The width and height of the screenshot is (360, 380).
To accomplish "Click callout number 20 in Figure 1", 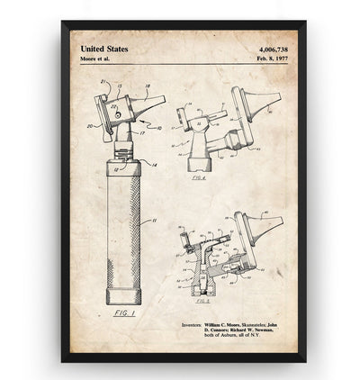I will (x=89, y=125).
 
